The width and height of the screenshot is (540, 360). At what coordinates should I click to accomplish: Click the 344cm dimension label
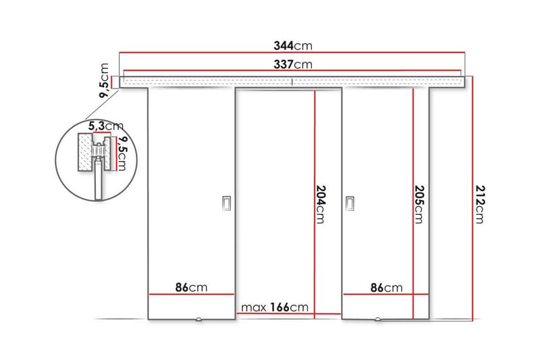[x=293, y=46]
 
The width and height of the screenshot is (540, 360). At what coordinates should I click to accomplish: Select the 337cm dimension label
[x=293, y=65]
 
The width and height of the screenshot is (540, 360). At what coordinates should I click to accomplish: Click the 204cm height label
[x=321, y=203]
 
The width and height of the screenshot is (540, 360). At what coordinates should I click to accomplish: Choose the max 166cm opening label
[x=275, y=307]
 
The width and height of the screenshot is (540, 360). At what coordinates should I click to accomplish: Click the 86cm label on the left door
[x=191, y=288]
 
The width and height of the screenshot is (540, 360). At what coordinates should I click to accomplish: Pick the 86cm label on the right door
[x=386, y=288]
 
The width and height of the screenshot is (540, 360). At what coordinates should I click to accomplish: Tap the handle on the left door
[x=226, y=203]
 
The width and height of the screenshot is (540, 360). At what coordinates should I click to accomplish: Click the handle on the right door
[x=350, y=203]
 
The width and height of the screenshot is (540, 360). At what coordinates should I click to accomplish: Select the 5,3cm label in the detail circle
[x=105, y=126]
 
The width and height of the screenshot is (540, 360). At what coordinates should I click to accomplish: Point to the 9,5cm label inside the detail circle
[x=122, y=155]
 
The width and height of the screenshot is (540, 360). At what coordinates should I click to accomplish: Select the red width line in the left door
[x=191, y=295]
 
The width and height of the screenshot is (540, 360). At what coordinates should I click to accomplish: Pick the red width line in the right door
[x=386, y=295]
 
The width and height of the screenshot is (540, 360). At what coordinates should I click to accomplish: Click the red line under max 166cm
[x=289, y=314]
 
